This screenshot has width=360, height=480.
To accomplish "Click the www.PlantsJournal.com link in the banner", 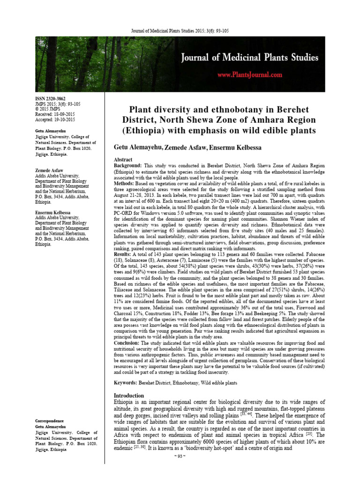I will pyautogui.click(x=249, y=75).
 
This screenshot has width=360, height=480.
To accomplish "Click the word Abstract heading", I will pyautogui.click(x=124, y=160).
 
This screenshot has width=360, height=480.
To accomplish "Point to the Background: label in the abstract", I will pyautogui.click(x=128, y=166).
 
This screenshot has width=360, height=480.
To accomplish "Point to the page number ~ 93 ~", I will pyautogui.click(x=180, y=470).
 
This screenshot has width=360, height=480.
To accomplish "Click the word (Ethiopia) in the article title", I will pyautogui.click(x=142, y=129).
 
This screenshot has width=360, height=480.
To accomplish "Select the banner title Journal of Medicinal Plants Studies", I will pyautogui.click(x=250, y=58).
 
